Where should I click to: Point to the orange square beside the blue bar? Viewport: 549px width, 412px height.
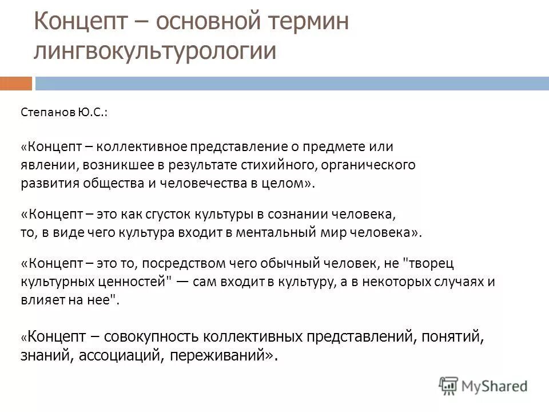point(15,84)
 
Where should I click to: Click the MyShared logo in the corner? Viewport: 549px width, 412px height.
point(484,385)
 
